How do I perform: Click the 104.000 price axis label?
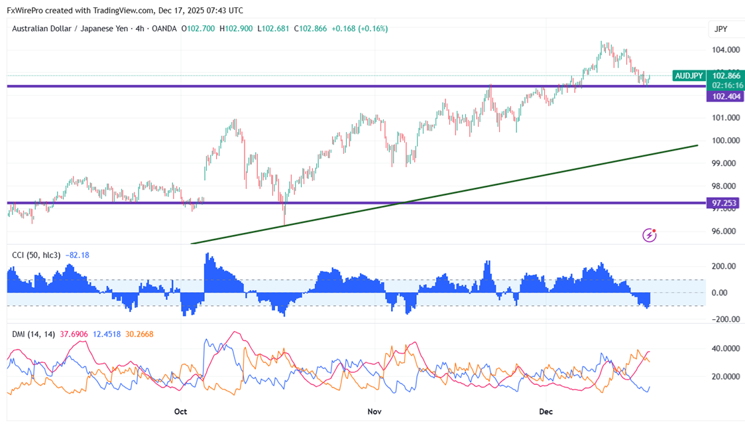pyautogui.click(x=726, y=50)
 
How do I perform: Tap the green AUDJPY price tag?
pyautogui.click(x=689, y=76)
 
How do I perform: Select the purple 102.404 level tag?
pyautogui.click(x=726, y=97)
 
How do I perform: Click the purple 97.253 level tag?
pyautogui.click(x=726, y=202)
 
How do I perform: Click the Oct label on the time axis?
pyautogui.click(x=180, y=411)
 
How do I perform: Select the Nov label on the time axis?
pyautogui.click(x=374, y=411)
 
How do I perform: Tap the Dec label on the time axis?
pyautogui.click(x=545, y=411)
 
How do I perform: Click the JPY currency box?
pyautogui.click(x=720, y=29)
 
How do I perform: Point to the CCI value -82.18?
pyautogui.click(x=80, y=255)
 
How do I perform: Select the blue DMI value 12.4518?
pyautogui.click(x=106, y=334)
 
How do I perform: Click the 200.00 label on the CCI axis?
pyautogui.click(x=724, y=266)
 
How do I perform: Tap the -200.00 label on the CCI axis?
pyautogui.click(x=722, y=319)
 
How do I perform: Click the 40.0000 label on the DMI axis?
pyautogui.click(x=725, y=348)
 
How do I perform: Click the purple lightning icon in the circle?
pyautogui.click(x=650, y=235)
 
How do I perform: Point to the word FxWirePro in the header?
pyautogui.click(x=26, y=11)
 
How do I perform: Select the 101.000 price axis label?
pyautogui.click(x=726, y=118)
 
